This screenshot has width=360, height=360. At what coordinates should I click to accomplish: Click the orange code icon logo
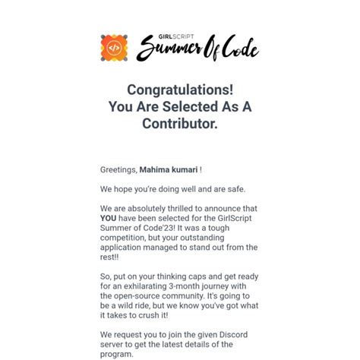coord(114,48)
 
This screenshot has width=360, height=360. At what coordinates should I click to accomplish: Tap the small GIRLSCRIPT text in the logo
coord(156,37)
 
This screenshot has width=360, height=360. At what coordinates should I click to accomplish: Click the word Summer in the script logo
coord(171,50)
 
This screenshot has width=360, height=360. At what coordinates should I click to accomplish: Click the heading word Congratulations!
coord(180,90)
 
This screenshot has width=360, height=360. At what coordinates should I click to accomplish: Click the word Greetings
coord(118,170)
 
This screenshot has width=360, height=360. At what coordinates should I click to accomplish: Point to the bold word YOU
coord(108,218)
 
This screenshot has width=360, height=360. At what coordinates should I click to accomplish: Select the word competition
coord(127,238)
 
